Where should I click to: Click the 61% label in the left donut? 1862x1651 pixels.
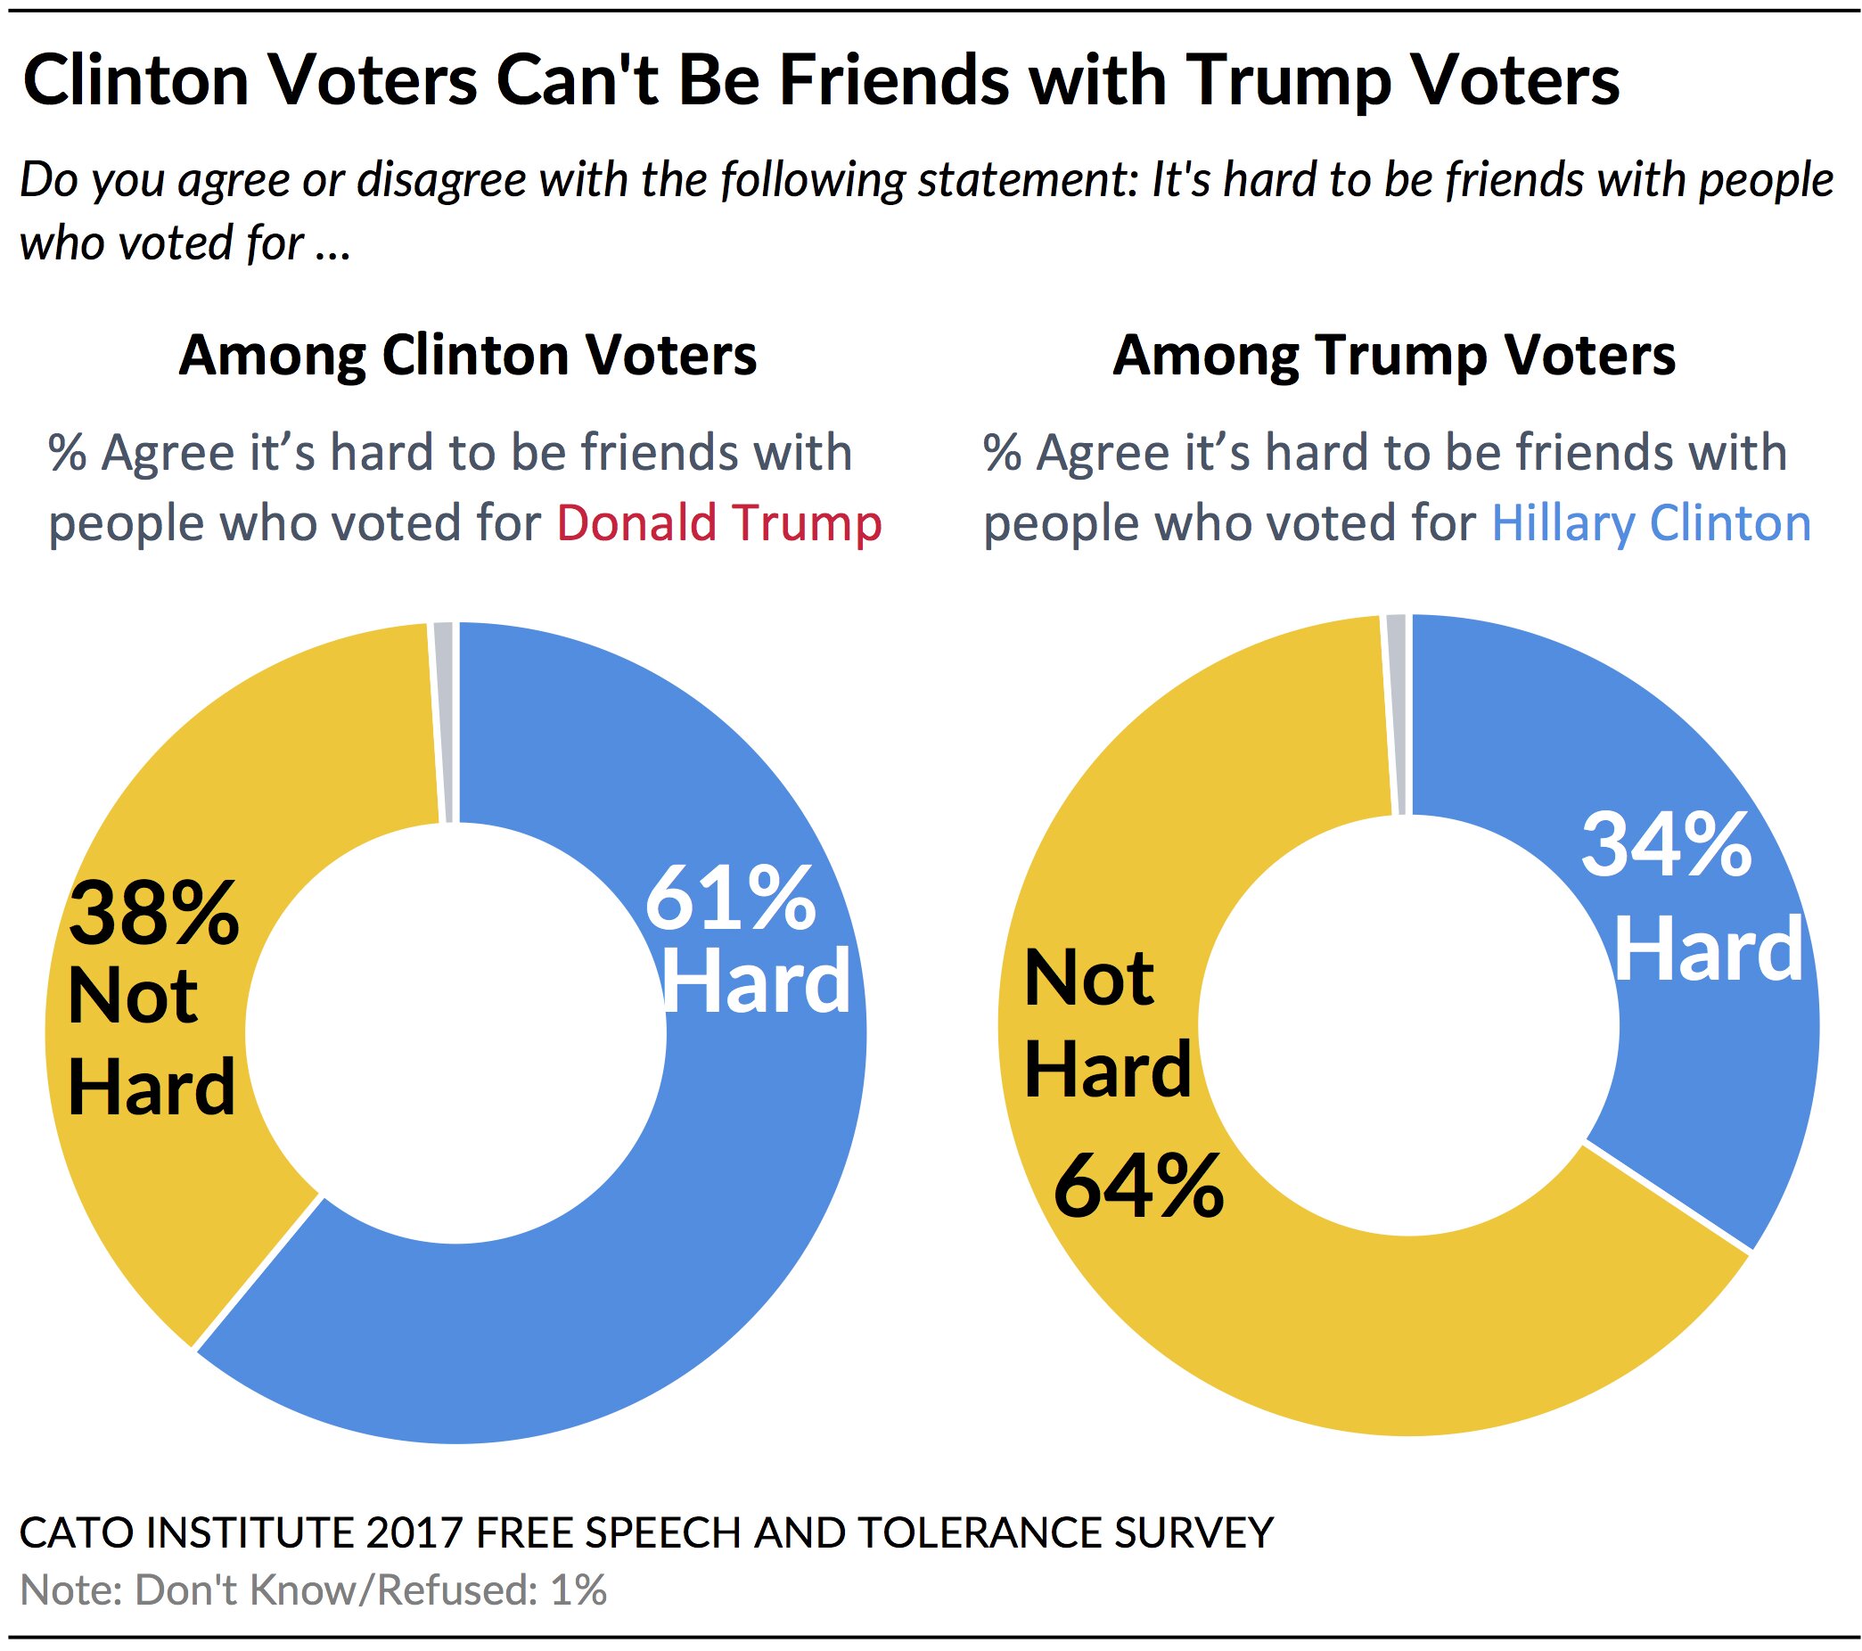731,900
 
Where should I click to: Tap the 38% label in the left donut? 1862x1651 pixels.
153,915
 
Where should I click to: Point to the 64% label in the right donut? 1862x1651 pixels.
1139,1185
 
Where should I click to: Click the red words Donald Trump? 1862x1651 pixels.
718,524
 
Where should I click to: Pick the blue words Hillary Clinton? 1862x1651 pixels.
1651,524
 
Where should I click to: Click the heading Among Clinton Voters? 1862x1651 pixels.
467,355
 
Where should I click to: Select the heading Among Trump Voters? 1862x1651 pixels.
1394,355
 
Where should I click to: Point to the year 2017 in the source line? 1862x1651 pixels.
414,1532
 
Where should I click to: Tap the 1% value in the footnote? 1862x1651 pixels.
578,1590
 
